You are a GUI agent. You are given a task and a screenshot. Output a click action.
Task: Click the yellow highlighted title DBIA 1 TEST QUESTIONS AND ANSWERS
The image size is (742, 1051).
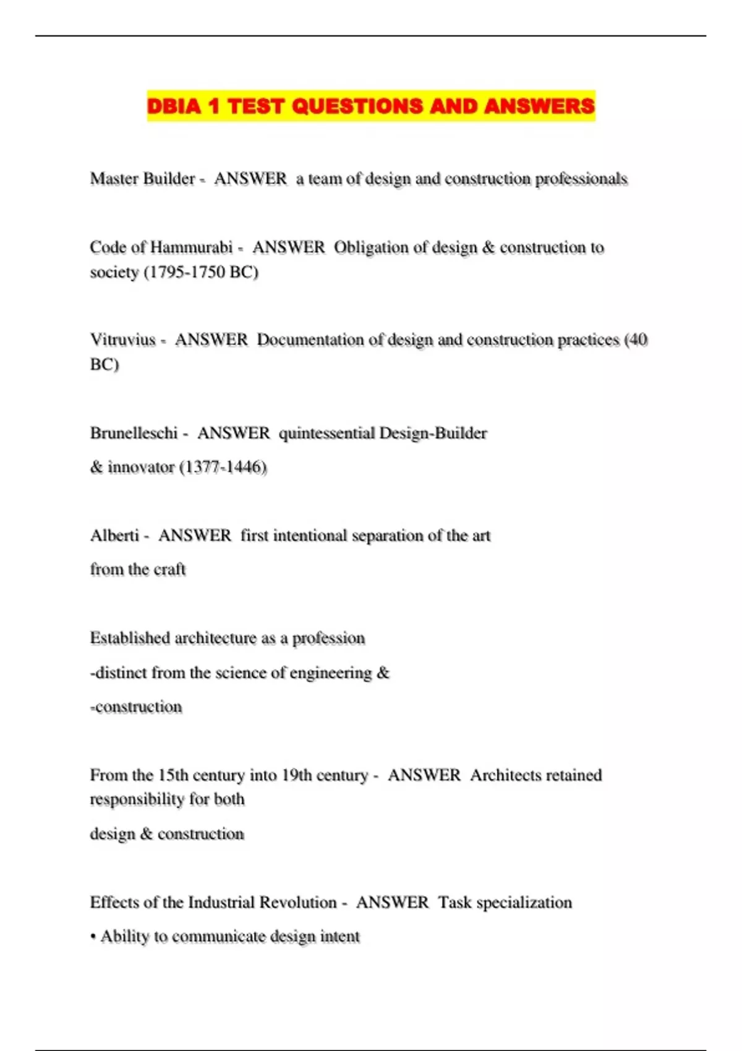click(370, 106)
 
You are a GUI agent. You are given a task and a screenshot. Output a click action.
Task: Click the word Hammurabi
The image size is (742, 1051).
click(191, 247)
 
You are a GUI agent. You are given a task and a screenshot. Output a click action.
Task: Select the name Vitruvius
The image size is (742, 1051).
click(122, 339)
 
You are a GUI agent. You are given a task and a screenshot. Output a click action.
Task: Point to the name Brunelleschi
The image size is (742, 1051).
click(134, 433)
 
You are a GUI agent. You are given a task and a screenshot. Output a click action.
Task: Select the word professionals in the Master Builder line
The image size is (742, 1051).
click(581, 179)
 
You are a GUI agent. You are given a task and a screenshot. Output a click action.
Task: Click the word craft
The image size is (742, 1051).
click(169, 569)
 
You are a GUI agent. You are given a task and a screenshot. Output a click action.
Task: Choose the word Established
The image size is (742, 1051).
click(129, 638)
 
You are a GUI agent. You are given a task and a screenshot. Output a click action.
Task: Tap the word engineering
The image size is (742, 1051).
click(330, 673)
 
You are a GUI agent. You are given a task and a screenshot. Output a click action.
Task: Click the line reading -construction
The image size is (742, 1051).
click(136, 707)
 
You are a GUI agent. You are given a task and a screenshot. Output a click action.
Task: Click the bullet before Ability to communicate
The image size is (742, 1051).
click(93, 937)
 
